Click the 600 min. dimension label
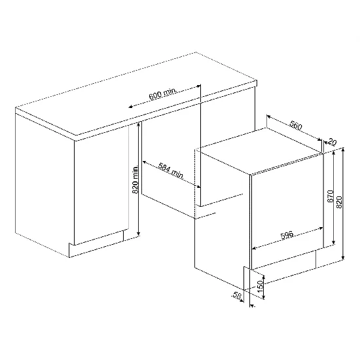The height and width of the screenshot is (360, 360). (163, 94)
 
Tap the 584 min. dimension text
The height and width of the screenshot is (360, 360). (171, 171)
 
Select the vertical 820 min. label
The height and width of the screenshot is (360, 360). (135, 179)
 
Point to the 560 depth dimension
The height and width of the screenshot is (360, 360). (296, 125)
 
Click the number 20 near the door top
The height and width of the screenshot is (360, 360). (332, 142)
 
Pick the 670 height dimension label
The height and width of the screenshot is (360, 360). (330, 196)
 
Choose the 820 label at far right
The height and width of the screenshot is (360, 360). (339, 202)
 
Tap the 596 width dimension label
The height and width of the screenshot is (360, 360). (287, 236)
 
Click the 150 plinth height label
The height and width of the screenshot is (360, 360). (260, 286)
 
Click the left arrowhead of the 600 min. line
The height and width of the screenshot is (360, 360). (130, 107)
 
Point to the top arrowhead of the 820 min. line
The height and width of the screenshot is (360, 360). (139, 124)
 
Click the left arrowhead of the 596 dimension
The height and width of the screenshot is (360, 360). (254, 248)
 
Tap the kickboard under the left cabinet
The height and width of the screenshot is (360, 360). (96, 245)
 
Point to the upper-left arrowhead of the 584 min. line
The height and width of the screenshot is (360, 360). (145, 162)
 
